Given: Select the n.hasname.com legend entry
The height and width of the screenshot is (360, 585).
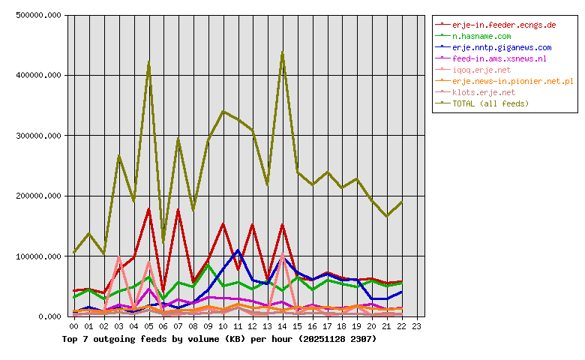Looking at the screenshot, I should [x=481, y=36].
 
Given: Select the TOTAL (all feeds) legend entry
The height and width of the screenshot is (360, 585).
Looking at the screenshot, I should [x=490, y=103].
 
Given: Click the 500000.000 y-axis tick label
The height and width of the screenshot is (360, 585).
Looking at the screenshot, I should [x=37, y=15].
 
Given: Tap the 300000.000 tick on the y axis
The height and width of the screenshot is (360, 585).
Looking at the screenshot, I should [x=37, y=136].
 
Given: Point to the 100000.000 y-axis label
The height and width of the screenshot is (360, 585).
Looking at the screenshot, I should [x=37, y=256].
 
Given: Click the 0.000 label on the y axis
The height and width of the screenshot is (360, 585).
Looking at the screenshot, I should [x=49, y=316].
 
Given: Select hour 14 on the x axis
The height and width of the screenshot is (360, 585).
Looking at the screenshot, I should [x=282, y=326].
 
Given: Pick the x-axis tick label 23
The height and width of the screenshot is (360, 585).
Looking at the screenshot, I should [x=416, y=326].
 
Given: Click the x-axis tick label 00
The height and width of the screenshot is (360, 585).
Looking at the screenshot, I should [x=73, y=326].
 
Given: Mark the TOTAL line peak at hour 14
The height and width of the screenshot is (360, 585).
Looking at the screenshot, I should [x=282, y=52].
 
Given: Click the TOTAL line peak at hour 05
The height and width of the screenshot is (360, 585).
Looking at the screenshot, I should [x=148, y=62].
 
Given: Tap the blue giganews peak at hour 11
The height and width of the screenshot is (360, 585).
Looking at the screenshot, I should [x=238, y=250].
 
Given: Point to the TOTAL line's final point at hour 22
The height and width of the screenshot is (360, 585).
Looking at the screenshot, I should [x=401, y=202].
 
